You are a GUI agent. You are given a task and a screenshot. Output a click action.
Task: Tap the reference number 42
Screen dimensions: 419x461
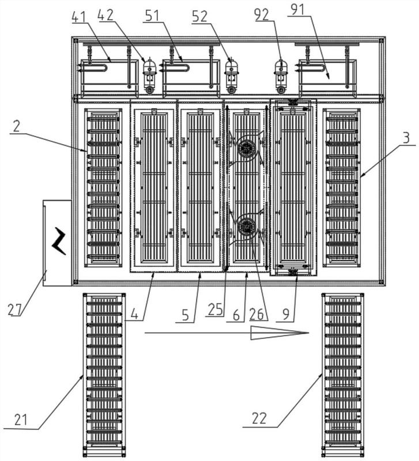[105, 15]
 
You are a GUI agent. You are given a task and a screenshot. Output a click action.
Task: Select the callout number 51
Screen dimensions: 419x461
[152, 16]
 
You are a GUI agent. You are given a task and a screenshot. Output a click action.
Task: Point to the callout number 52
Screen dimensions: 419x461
[199, 17]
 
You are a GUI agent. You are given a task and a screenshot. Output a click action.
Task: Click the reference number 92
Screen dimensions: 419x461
[262, 15]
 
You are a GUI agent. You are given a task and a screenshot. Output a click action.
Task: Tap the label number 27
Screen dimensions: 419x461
[15, 309]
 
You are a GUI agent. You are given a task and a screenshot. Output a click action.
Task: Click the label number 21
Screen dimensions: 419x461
[21, 420]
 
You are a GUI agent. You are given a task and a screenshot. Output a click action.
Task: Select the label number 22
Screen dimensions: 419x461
[259, 418]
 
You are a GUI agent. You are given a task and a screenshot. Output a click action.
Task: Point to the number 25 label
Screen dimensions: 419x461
[215, 309]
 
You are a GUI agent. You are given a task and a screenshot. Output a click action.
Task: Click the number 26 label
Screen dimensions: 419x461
[256, 315]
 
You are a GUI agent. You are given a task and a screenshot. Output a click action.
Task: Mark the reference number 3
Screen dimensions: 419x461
[406, 138]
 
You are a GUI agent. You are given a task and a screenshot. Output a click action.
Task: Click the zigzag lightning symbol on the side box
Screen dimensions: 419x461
[59, 241]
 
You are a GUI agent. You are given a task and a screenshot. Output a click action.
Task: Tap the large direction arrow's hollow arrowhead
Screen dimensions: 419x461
[280, 333]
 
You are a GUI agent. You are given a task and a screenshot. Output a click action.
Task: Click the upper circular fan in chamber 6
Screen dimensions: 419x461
[247, 146]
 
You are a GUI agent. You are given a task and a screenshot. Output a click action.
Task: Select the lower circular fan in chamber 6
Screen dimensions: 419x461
[246, 226]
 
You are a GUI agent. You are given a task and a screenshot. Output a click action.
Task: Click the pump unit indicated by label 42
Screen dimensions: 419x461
[149, 75]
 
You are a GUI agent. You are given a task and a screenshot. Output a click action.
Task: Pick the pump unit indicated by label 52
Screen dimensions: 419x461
[232, 75]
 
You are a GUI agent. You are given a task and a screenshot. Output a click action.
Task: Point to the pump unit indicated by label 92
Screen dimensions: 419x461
[281, 75]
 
